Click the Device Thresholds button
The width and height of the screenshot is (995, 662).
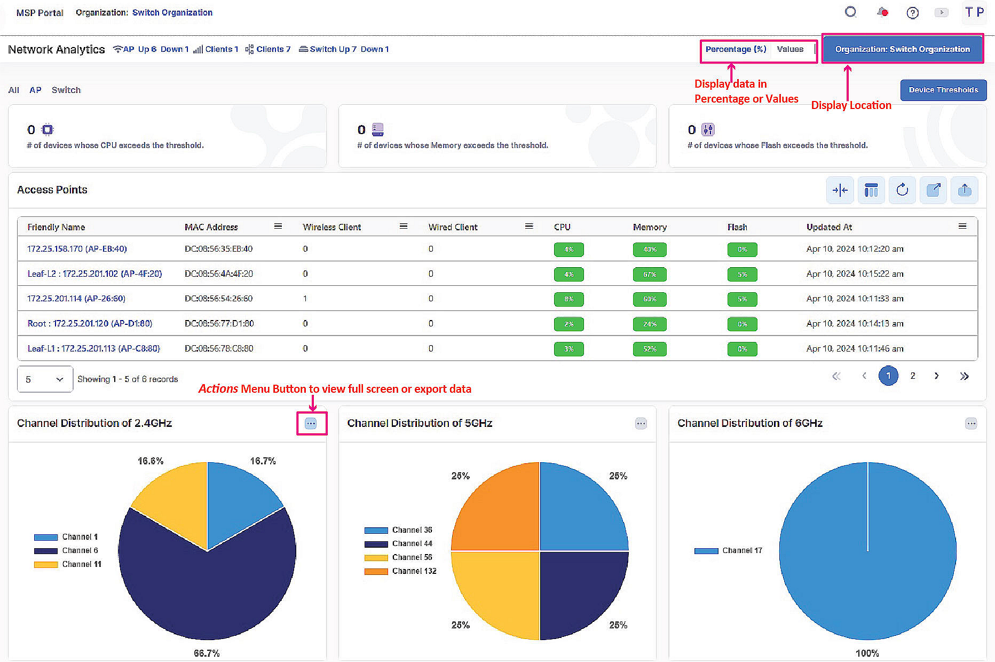coord(943,90)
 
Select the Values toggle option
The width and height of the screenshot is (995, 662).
coord(789,49)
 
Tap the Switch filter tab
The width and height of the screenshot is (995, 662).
coord(66,90)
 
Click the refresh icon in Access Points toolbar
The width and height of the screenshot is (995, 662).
coord(902,190)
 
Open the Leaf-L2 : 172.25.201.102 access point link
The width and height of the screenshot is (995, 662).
coord(94,274)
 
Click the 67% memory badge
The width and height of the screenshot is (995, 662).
coord(649,274)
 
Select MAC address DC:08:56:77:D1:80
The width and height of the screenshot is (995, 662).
coord(219,323)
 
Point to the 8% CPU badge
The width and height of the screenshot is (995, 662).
coord(568,299)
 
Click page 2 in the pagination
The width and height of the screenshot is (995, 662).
coord(913,376)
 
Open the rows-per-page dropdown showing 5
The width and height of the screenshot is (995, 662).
coord(45,379)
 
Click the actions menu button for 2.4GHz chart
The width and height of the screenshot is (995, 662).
coord(311,424)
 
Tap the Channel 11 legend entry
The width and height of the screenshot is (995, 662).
coord(68,564)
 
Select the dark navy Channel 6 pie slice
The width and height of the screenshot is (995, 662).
coord(207,588)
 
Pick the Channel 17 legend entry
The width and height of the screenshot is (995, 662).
coord(729,550)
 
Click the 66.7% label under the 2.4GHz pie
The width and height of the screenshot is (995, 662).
coord(207,653)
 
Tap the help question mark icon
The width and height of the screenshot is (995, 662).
coord(912,13)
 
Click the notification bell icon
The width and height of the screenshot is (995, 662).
coord(882,12)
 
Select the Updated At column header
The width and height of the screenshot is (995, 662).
coord(829,227)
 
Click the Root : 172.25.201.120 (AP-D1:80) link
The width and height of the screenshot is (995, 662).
coord(90,323)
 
